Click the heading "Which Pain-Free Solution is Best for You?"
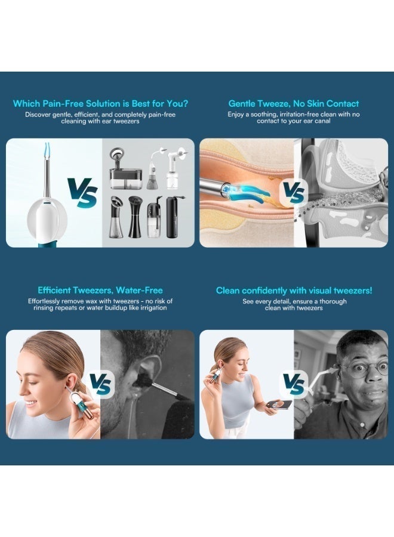[100, 103]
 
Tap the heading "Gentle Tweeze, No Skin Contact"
[293, 103]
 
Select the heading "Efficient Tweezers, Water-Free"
[100, 290]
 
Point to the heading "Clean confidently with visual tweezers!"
[294, 290]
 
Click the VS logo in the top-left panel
[82, 193]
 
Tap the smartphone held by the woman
[280, 404]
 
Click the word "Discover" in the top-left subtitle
[38, 115]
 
